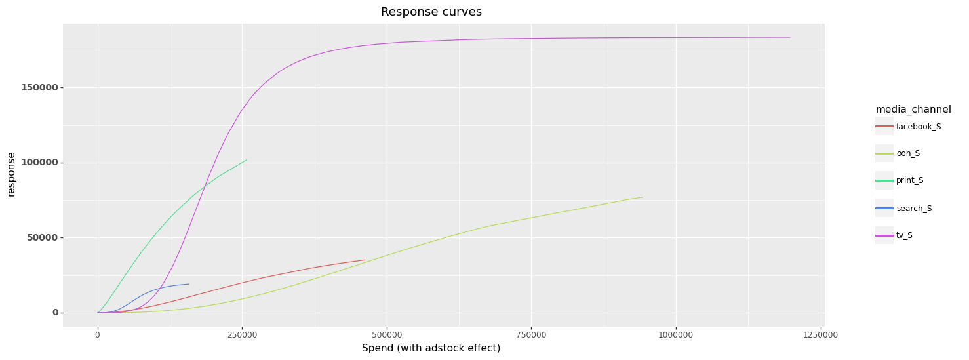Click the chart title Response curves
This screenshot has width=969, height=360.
click(x=431, y=12)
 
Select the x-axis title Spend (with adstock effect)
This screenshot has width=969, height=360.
click(x=431, y=348)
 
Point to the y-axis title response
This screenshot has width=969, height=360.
click(x=11, y=174)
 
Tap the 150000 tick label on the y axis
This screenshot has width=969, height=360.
click(x=39, y=87)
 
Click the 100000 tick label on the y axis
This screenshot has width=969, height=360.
click(x=39, y=163)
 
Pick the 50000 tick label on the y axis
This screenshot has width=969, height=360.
click(x=43, y=237)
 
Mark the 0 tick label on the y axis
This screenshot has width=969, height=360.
click(x=55, y=312)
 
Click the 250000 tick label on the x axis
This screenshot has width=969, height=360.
click(x=243, y=335)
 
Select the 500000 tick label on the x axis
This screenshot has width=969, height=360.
click(x=387, y=335)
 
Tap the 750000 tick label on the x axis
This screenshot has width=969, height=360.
click(x=531, y=335)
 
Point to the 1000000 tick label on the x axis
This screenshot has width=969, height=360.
click(x=676, y=335)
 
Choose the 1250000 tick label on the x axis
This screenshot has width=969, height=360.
click(x=820, y=335)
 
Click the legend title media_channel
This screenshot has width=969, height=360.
click(x=913, y=110)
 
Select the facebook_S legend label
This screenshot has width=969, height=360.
click(x=919, y=127)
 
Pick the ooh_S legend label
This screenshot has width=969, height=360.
click(x=908, y=153)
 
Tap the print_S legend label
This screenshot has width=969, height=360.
click(x=910, y=180)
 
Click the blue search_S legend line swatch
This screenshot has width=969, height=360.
click(x=884, y=208)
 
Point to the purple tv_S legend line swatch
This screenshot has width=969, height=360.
click(x=884, y=235)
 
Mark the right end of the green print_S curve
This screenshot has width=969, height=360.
click(x=246, y=160)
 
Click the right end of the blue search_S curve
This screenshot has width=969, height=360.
click(x=189, y=284)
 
